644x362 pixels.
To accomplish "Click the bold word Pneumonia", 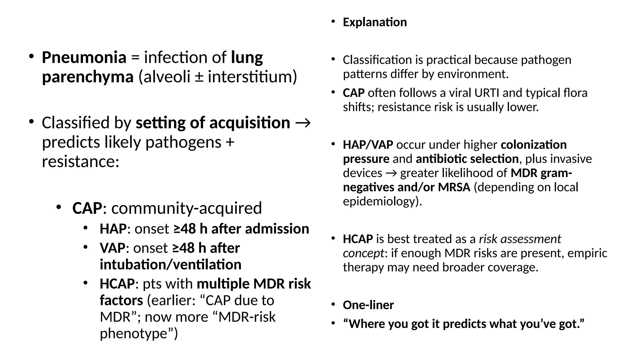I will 84,58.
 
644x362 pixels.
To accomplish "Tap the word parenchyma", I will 88,77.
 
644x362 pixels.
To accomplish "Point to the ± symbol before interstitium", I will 198,77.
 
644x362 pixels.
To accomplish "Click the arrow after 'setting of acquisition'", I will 303,123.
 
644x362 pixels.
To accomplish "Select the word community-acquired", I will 186,208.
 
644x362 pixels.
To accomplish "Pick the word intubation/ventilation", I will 170,265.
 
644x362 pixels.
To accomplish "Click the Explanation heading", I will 375,22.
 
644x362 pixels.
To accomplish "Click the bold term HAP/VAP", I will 368,145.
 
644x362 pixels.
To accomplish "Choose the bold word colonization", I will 534,145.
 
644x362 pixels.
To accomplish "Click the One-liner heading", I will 368,305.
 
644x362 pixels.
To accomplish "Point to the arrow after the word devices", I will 391,173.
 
